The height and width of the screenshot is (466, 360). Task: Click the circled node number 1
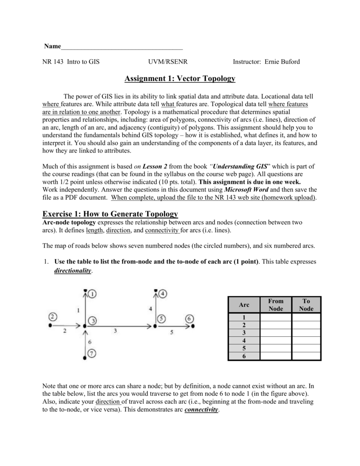coord(92,294)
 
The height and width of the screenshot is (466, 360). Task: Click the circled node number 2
coord(53,316)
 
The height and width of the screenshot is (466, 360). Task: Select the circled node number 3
coord(92,321)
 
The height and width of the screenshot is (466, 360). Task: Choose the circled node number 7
coord(92,353)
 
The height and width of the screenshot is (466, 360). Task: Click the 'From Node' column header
coord(276,304)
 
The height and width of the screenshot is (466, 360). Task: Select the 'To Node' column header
coord(306,304)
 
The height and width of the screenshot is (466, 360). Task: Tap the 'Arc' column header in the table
coord(244,304)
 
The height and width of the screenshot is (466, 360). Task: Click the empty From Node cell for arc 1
coord(276,317)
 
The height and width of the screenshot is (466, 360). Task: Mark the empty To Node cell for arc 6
coord(306,356)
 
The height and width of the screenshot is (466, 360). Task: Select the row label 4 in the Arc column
coord(244,341)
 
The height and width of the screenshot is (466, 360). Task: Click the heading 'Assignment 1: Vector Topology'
coord(180,79)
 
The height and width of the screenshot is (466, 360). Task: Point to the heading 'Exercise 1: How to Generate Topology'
coord(110,214)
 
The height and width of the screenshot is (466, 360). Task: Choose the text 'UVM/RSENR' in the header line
coord(163,61)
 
